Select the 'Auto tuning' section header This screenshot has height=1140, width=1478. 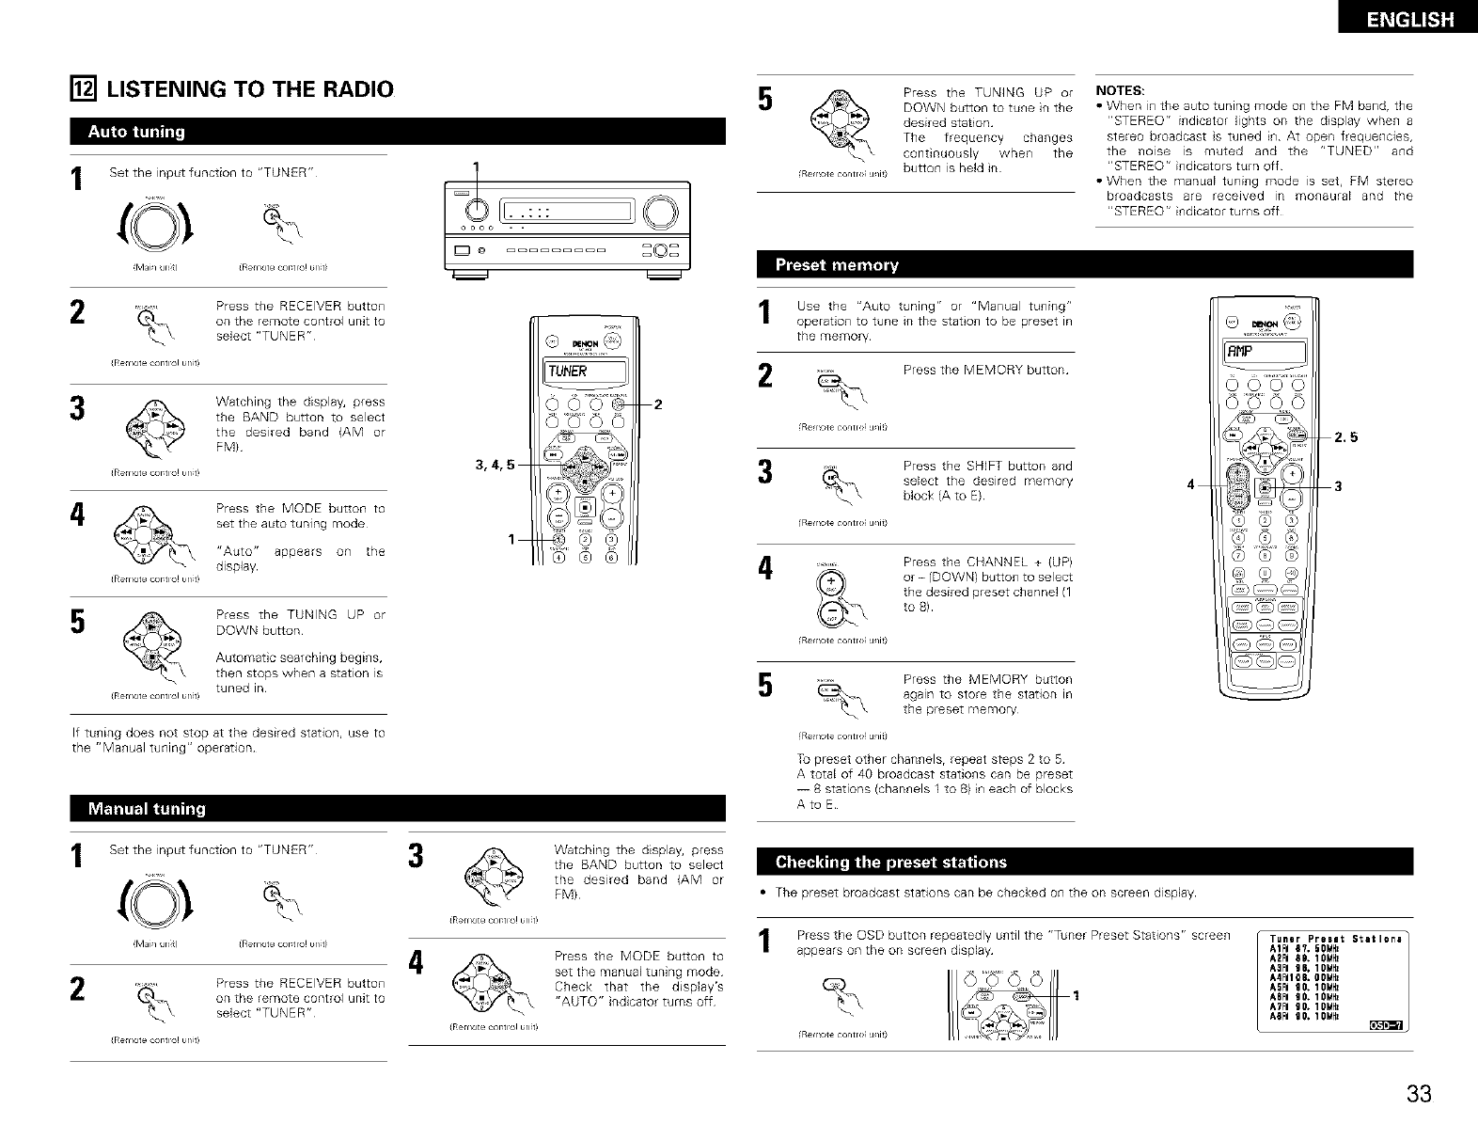coord(137,132)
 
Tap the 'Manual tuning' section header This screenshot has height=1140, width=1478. coord(147,809)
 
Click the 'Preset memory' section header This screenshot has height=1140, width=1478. coord(837,265)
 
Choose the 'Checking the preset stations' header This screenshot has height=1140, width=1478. coord(890,863)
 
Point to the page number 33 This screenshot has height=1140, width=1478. coord(1419,1094)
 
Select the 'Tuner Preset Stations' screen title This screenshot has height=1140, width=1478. coord(1334,939)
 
